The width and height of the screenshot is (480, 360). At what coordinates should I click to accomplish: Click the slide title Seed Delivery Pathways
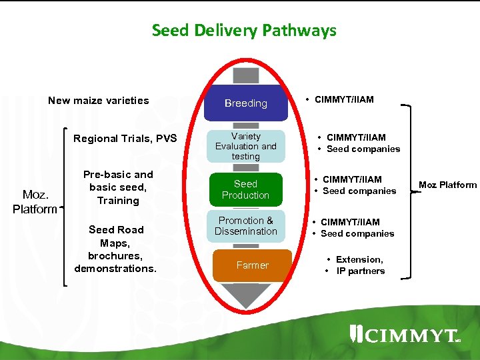[244, 31]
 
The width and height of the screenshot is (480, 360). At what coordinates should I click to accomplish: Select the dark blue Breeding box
[245, 103]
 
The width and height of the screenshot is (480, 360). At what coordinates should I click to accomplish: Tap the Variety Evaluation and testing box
[245, 146]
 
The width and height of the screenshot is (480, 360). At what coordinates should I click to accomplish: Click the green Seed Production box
[245, 189]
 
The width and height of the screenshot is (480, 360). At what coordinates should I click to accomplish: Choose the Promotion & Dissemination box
[245, 226]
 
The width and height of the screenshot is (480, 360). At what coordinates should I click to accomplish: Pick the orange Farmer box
[252, 265]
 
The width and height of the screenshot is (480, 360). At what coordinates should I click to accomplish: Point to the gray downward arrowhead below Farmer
[247, 293]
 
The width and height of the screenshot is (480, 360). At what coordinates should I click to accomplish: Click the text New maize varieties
[99, 101]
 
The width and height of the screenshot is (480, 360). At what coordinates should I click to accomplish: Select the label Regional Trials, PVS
[125, 139]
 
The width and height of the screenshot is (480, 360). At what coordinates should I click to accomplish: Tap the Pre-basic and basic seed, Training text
[118, 187]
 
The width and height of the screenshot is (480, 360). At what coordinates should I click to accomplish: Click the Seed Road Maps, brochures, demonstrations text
[116, 249]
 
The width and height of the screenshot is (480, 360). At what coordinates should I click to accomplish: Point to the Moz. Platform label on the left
[35, 201]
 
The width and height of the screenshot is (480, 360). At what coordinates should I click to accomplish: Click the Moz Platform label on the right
[447, 185]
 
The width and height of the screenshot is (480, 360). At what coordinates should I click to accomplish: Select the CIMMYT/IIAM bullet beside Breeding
[343, 99]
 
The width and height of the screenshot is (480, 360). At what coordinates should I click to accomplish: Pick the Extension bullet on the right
[359, 259]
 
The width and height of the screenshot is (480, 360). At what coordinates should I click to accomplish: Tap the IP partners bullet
[360, 271]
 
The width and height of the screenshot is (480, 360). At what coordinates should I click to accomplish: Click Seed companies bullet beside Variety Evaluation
[363, 149]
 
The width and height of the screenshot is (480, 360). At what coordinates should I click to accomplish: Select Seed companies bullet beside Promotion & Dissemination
[357, 233]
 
